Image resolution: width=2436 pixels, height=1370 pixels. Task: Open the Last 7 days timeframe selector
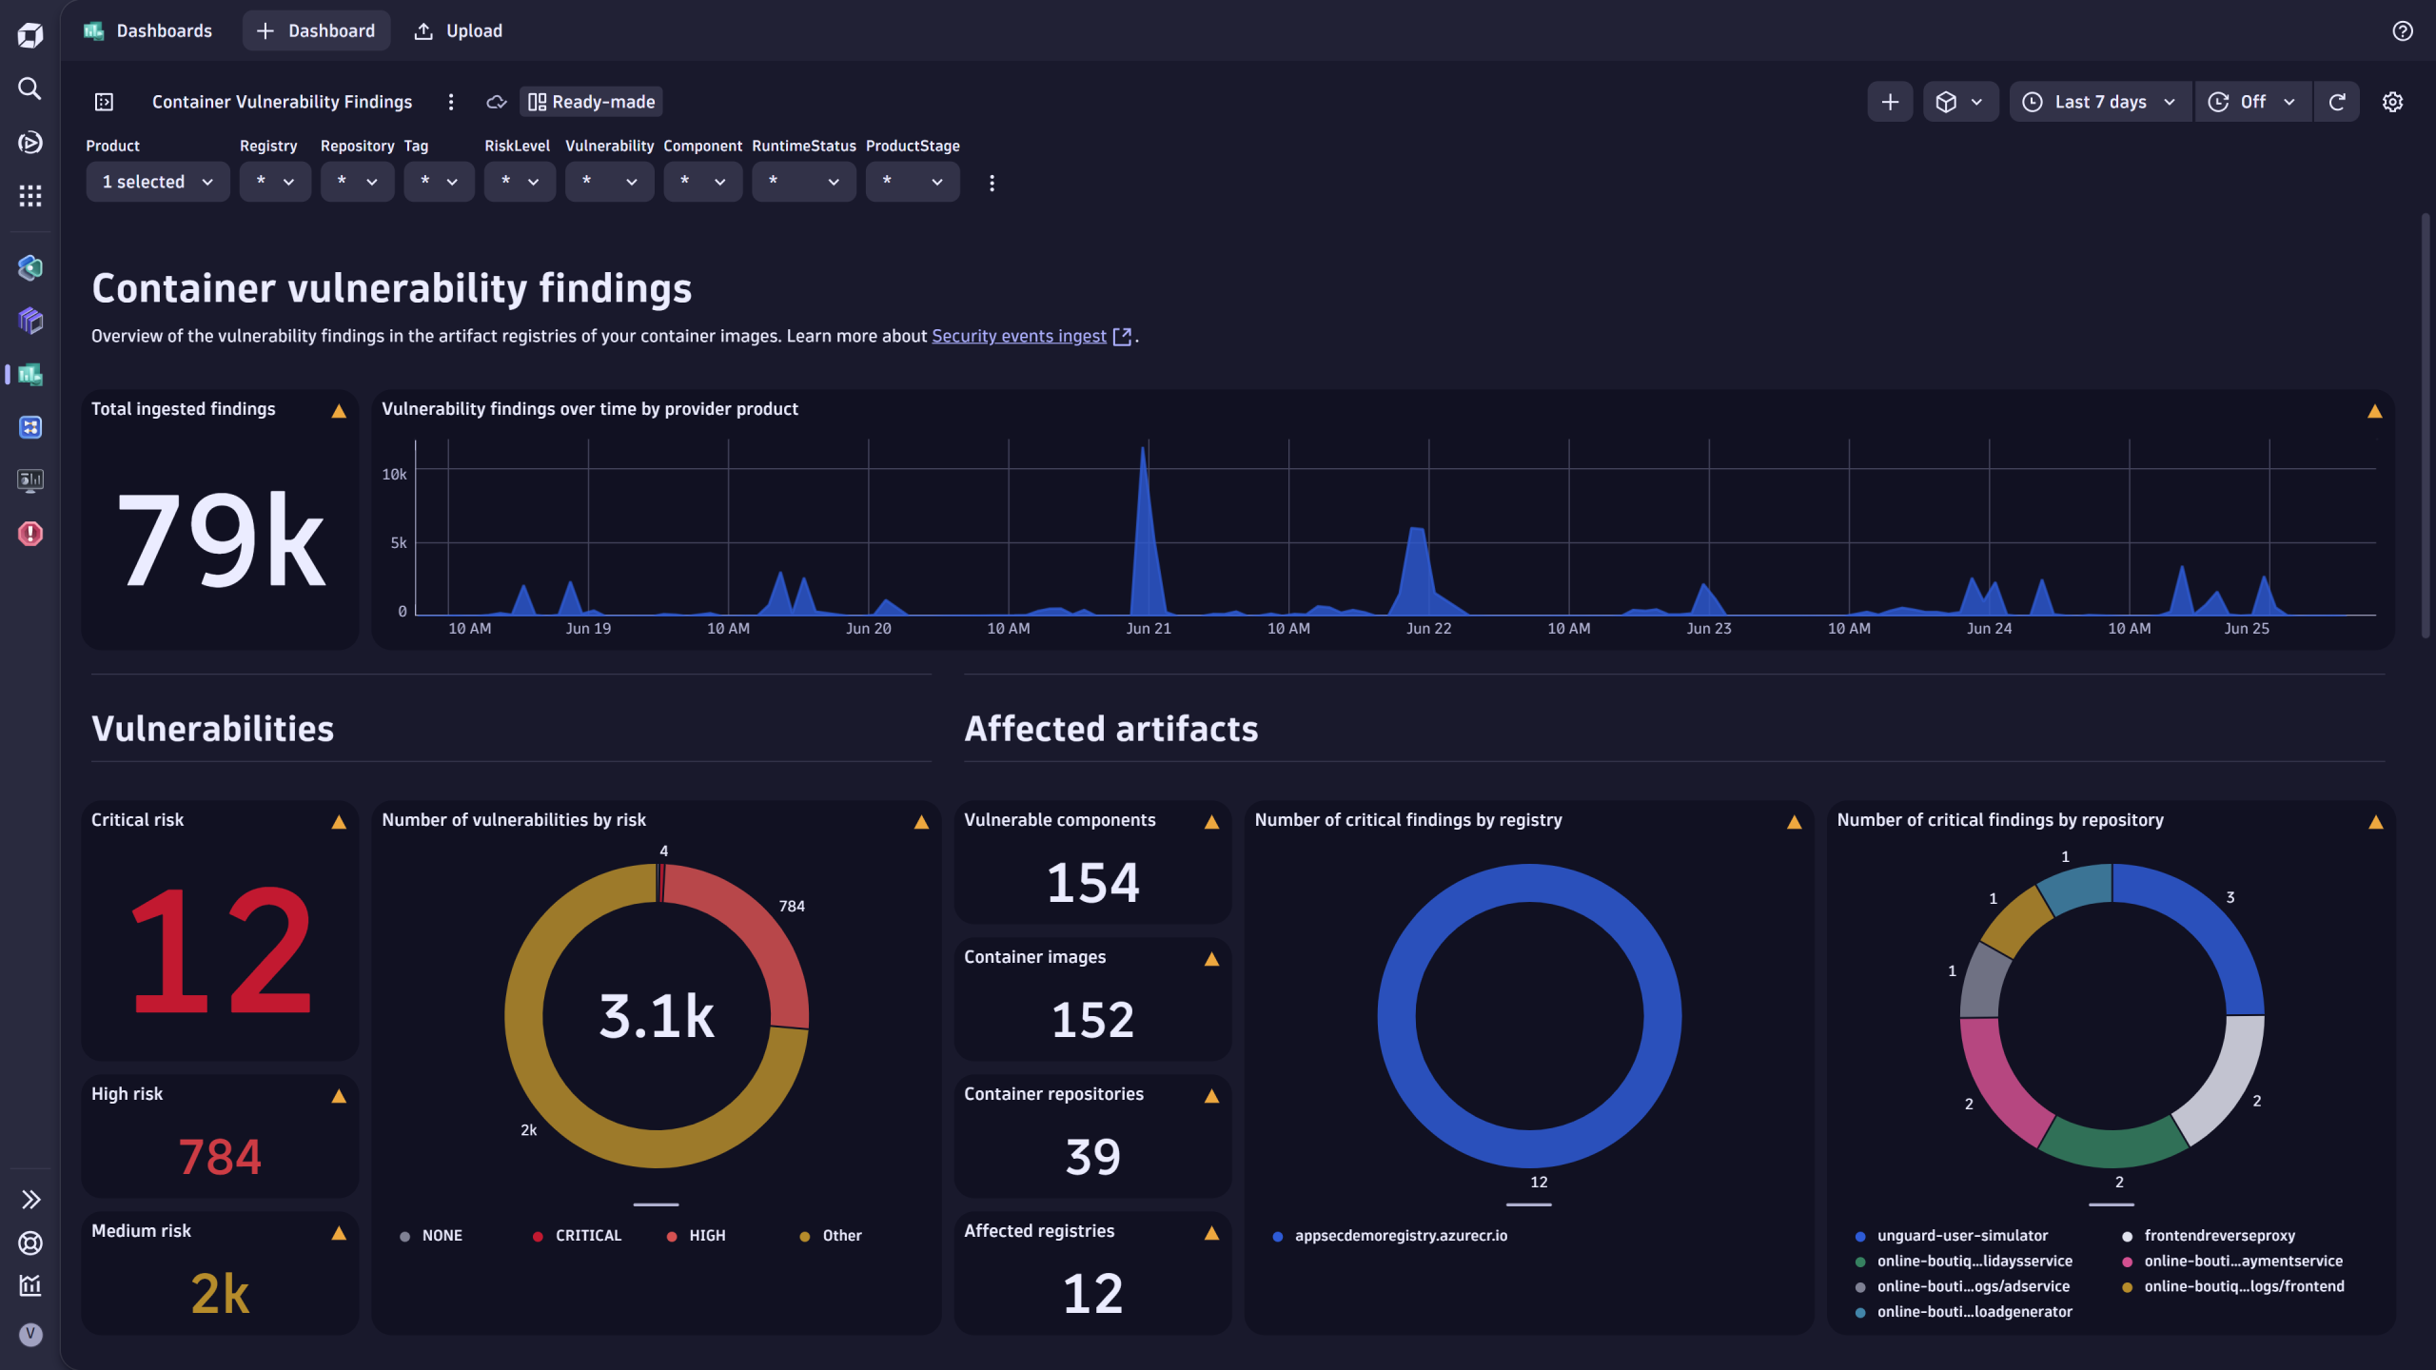pyautogui.click(x=2099, y=102)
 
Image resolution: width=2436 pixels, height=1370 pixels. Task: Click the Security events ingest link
pyautogui.click(x=1018, y=336)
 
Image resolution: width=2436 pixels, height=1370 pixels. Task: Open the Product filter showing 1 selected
pyautogui.click(x=157, y=182)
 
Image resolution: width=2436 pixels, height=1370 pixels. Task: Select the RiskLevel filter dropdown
pyautogui.click(x=519, y=182)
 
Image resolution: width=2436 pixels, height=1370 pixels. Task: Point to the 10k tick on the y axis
pyautogui.click(x=394, y=474)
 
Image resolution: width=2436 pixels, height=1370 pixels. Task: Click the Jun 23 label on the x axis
pyautogui.click(x=1708, y=629)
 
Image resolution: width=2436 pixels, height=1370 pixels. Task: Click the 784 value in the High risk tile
pyautogui.click(x=220, y=1157)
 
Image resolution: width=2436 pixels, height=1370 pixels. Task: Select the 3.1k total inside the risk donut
pyautogui.click(x=656, y=1016)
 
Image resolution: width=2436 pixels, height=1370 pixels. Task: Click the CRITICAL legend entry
pyautogui.click(x=587, y=1235)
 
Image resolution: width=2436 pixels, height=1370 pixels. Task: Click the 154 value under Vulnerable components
pyautogui.click(x=1092, y=883)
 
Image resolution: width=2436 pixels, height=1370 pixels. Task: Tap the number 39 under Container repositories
pyautogui.click(x=1092, y=1157)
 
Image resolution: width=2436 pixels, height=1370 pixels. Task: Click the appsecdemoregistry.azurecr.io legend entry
pyautogui.click(x=1400, y=1235)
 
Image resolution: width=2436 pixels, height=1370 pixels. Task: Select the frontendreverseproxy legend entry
pyautogui.click(x=2218, y=1235)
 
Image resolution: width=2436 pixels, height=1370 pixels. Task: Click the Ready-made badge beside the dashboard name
pyautogui.click(x=591, y=102)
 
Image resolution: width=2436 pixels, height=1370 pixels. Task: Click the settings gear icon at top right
pyautogui.click(x=2392, y=102)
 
